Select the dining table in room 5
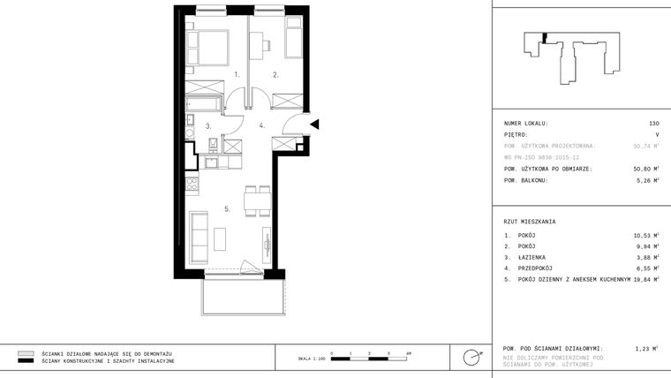tap(257, 200)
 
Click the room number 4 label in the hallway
tap(261, 126)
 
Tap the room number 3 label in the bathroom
tap(208, 126)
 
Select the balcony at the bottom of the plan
tap(241, 295)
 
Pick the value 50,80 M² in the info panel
tap(646, 168)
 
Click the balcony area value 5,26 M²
tap(648, 180)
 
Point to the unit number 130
tap(653, 124)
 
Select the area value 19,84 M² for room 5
tap(646, 278)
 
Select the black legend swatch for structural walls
tap(26, 361)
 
